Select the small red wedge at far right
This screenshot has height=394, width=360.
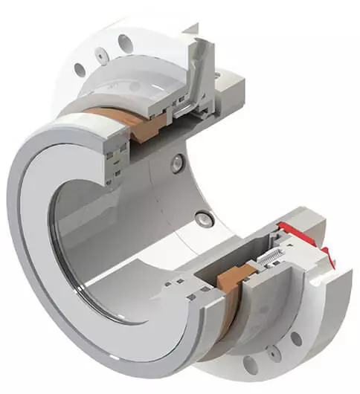click(x=331, y=260)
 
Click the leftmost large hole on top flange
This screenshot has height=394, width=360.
click(x=80, y=70)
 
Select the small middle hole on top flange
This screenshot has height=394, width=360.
click(x=98, y=54)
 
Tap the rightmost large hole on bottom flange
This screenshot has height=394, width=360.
click(x=297, y=338)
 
